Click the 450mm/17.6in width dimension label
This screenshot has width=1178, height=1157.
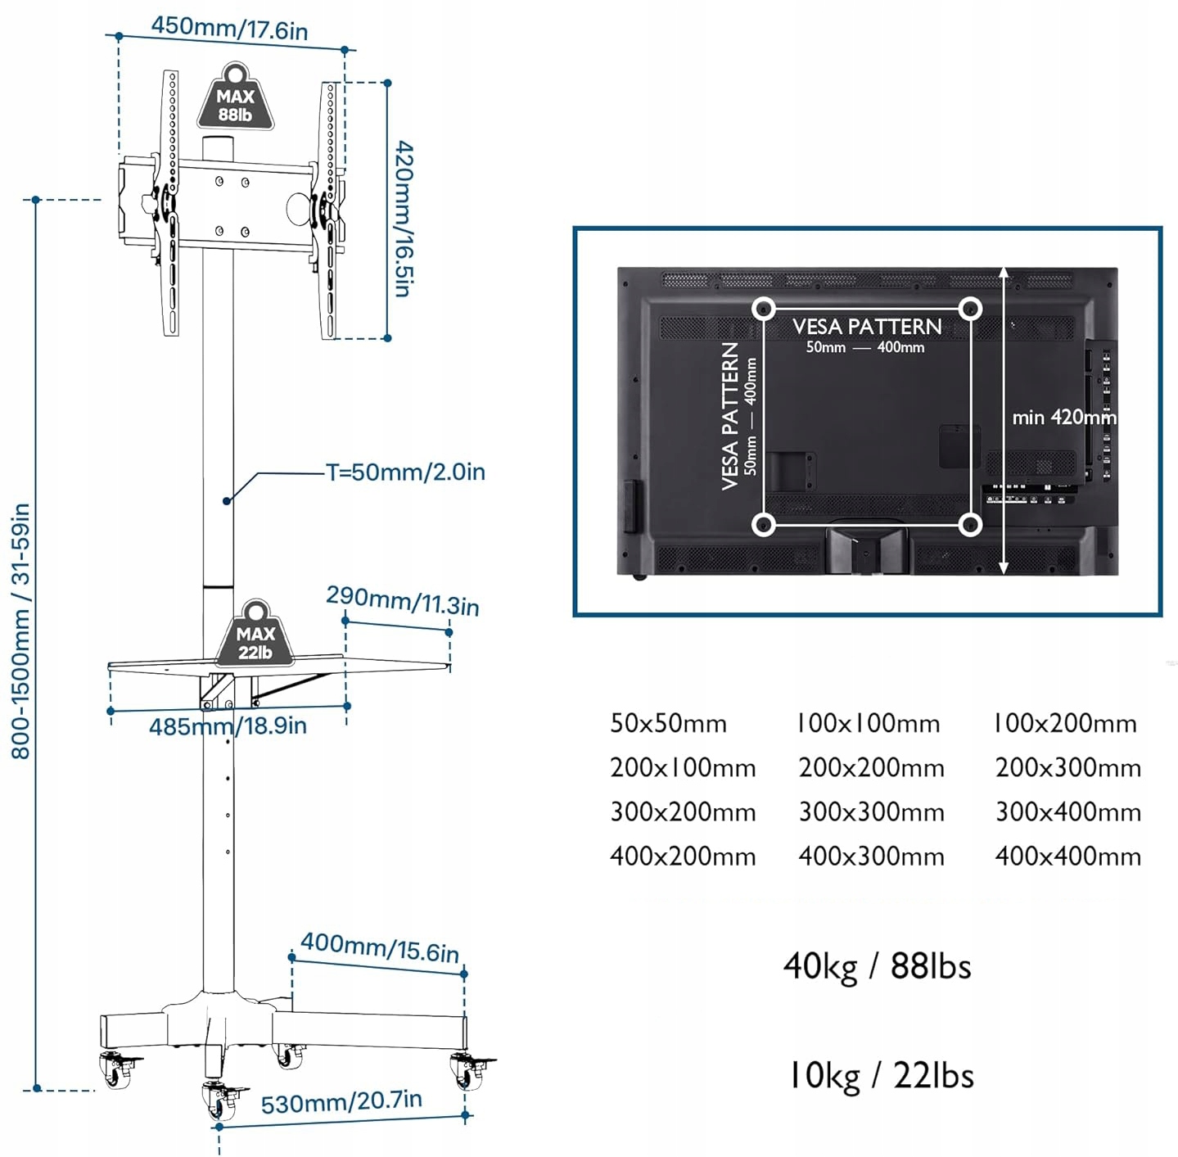(x=229, y=29)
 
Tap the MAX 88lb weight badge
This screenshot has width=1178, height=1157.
(x=235, y=100)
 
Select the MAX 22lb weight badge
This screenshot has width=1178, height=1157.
(x=255, y=638)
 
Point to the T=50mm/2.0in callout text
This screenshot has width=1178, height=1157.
(x=405, y=472)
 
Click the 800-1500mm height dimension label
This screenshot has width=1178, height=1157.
(x=21, y=630)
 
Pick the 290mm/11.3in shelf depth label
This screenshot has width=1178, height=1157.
(x=402, y=601)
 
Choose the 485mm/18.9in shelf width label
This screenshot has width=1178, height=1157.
(x=228, y=726)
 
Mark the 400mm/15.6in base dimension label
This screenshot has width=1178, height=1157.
(x=379, y=947)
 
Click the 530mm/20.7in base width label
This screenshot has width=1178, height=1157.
(x=341, y=1102)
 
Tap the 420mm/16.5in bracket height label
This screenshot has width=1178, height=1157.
(x=404, y=219)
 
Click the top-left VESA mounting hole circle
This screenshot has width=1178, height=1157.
(x=764, y=309)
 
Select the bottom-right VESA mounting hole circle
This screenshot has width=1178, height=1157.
(x=970, y=524)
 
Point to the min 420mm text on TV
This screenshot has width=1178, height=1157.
(x=1063, y=418)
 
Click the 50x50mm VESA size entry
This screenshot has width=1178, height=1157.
(x=668, y=724)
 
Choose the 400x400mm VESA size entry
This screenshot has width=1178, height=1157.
(x=1067, y=856)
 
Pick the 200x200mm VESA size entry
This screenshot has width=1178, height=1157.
(x=871, y=768)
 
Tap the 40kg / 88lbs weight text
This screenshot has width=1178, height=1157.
(x=877, y=966)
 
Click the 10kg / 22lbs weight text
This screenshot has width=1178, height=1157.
(x=880, y=1076)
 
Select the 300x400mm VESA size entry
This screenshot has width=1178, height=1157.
(x=1067, y=812)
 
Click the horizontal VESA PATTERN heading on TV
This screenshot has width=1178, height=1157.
(x=867, y=327)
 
